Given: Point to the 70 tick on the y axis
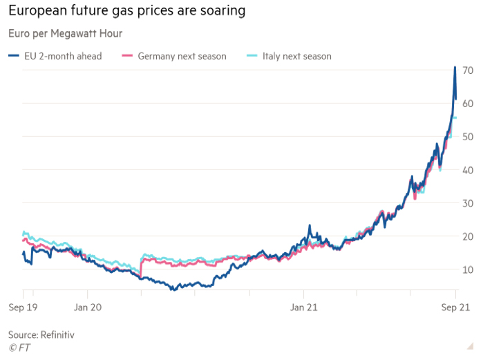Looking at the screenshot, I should coord(468,70).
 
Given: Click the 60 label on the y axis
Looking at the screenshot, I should coord(468,104).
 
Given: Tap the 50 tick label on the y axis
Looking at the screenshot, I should coord(468,137).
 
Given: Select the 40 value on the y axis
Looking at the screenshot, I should coord(468,170).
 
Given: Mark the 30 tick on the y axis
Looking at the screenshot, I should coord(468,203).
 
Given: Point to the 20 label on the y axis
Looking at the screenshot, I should coord(468,236).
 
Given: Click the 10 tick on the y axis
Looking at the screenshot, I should coord(468,269).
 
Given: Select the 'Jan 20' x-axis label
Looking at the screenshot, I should coord(88,307).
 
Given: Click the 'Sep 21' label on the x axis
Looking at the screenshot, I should coord(455,307).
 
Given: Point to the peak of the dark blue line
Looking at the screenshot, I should coord(455,67).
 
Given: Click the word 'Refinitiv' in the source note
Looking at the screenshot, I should coord(57,334).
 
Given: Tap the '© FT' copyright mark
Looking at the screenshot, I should coord(19,347).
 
